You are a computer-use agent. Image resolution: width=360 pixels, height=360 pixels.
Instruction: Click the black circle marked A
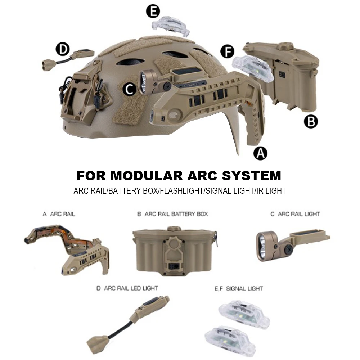260,153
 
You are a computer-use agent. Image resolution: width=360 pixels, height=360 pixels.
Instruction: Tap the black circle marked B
311,121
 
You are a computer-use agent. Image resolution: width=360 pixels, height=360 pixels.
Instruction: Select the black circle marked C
130,89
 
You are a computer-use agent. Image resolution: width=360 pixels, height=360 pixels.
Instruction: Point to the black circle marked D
63,49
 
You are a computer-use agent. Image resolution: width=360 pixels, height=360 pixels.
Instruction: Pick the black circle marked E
153,11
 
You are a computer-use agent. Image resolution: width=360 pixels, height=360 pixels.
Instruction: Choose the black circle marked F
227,51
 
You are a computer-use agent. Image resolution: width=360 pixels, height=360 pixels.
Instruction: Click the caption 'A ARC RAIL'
59,214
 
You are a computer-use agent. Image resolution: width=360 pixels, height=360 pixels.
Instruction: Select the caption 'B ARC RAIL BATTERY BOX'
172,214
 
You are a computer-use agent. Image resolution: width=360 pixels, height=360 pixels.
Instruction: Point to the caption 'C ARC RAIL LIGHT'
295,214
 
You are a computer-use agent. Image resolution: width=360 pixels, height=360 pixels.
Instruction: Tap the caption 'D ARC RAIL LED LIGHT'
127,288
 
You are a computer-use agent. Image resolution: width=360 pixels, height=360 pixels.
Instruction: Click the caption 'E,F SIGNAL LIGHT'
239,288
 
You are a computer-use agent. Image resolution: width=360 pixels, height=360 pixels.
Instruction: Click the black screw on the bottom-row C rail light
289,248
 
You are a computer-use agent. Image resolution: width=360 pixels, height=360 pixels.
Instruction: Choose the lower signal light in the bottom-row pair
230,339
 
